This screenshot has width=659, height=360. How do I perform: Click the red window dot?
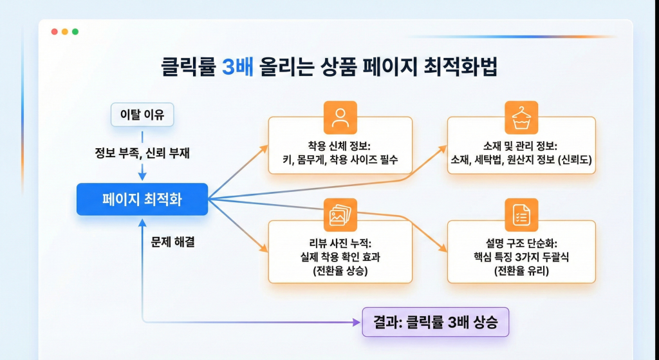54,32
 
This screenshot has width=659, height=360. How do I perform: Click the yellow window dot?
64,32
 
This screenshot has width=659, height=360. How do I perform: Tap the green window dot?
75,32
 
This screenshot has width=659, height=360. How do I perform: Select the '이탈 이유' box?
142,115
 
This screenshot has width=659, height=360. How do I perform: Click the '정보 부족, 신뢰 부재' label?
142,153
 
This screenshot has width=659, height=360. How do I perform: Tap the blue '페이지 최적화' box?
142,199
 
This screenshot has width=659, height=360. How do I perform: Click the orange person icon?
339,117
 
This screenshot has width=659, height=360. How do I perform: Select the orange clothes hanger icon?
521,117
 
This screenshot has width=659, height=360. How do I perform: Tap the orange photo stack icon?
339,215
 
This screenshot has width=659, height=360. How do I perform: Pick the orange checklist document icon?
521,215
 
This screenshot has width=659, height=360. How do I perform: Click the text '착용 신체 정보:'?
339,145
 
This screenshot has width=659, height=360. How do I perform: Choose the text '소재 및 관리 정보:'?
521,145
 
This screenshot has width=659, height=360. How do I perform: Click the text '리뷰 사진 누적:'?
339,243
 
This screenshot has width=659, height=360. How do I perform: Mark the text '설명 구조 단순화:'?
521,243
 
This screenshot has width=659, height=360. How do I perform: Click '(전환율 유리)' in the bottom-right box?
521,271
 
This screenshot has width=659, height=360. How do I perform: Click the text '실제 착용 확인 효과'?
339,257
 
